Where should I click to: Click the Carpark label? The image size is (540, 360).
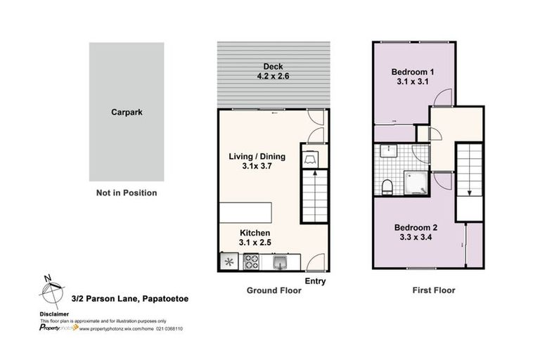point(127,112)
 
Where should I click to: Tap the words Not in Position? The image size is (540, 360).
point(127,193)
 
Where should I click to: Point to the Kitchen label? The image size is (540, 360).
point(255,233)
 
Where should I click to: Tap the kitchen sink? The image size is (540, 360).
point(279,263)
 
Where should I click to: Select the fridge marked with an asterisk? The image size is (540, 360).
point(229,263)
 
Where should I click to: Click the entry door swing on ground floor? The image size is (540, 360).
point(315,261)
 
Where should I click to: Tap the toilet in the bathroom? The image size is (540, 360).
point(386,186)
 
